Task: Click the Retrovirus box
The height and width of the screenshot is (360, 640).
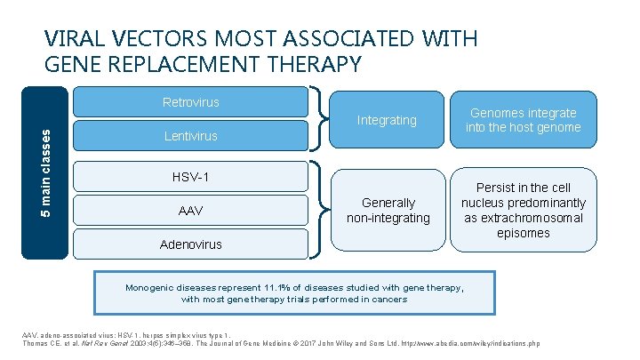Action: pyautogui.click(x=190, y=102)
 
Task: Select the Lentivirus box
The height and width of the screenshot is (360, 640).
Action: pyautogui.click(x=190, y=137)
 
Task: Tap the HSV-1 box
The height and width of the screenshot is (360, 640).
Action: pyautogui.click(x=190, y=177)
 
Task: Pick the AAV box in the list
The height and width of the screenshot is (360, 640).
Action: pyautogui.click(x=190, y=211)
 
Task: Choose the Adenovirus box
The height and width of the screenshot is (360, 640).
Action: pyautogui.click(x=190, y=244)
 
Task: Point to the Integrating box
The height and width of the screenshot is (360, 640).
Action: pyautogui.click(x=386, y=120)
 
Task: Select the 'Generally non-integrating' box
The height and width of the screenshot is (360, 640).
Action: pyautogui.click(x=388, y=210)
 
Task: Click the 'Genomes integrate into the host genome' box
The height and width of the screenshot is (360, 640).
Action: pyautogui.click(x=523, y=120)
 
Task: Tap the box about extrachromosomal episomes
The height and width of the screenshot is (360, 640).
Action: pyautogui.click(x=523, y=210)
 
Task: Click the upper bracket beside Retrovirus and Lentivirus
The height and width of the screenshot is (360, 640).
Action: pyautogui.click(x=317, y=120)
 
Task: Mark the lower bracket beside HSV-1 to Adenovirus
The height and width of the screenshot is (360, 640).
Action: pyautogui.click(x=317, y=210)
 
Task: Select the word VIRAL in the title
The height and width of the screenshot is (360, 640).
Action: pyautogui.click(x=73, y=39)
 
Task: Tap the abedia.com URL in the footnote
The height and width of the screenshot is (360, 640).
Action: pyautogui.click(x=480, y=343)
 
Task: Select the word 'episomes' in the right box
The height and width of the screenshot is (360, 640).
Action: pyautogui.click(x=523, y=234)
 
